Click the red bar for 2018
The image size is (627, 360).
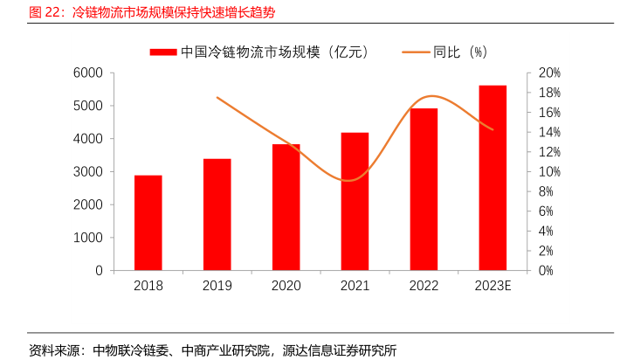click(x=148, y=223)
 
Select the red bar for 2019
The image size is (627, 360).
click(x=217, y=214)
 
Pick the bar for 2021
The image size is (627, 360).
click(x=355, y=201)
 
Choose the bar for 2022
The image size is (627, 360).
click(x=424, y=189)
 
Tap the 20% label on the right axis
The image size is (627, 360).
click(x=548, y=73)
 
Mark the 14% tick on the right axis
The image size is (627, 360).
click(x=548, y=132)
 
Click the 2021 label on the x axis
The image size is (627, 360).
click(x=355, y=286)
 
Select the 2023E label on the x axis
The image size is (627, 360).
click(x=493, y=286)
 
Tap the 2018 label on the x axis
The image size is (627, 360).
click(x=148, y=286)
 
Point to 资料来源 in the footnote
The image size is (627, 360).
click(x=52, y=350)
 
